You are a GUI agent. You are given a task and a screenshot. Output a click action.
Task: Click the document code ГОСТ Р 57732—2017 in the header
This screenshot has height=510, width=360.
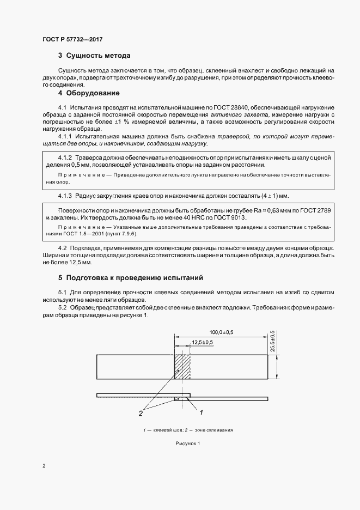pos(72,40)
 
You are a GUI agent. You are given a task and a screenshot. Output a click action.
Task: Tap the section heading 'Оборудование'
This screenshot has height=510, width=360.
pos(93,93)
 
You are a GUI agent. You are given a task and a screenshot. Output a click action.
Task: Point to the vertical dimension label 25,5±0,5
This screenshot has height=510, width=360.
pos(272,341)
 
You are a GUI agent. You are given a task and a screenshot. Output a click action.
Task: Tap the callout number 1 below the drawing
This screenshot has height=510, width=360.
pos(201,412)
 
